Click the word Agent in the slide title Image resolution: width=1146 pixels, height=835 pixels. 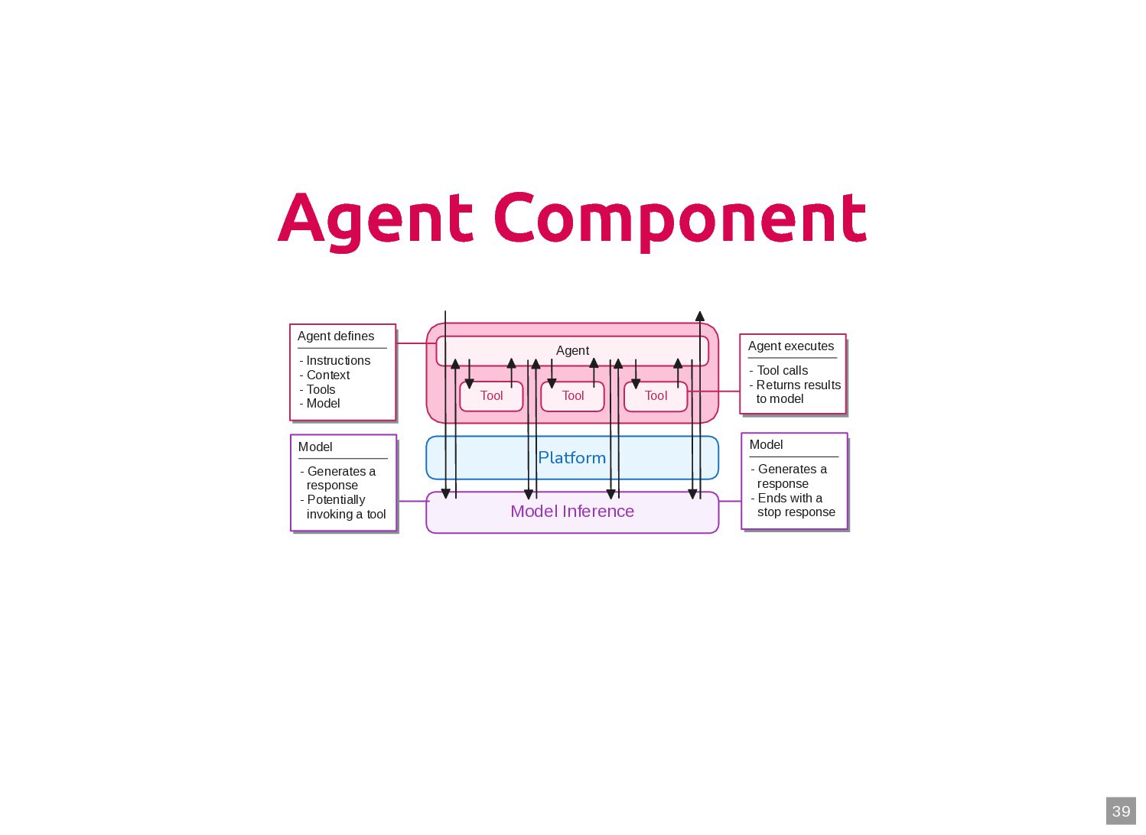pyautogui.click(x=375, y=219)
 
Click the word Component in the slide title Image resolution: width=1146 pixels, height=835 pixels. pyautogui.click(x=680, y=219)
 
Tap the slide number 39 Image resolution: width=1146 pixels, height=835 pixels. pyautogui.click(x=1121, y=811)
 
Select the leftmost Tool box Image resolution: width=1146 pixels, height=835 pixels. pyautogui.click(x=491, y=396)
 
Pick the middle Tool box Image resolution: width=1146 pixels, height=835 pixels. pyautogui.click(x=572, y=396)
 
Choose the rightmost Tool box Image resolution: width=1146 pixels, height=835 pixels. pyautogui.click(x=656, y=396)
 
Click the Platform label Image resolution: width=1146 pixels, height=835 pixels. pyautogui.click(x=571, y=457)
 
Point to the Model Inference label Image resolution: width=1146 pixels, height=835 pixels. pyautogui.click(x=571, y=512)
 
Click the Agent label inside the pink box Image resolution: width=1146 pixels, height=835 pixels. pyautogui.click(x=572, y=350)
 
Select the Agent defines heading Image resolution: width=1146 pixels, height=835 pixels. pyautogui.click(x=336, y=336)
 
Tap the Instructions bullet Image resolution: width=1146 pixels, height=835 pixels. pyautogui.click(x=338, y=360)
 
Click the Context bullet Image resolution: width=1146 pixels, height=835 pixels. pyautogui.click(x=327, y=375)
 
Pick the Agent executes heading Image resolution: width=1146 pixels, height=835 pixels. pyautogui.click(x=791, y=346)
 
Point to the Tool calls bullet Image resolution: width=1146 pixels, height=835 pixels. pyautogui.click(x=782, y=370)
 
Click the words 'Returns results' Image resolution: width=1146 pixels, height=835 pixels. pyautogui.click(x=798, y=385)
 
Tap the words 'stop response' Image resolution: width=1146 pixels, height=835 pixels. pyautogui.click(x=796, y=512)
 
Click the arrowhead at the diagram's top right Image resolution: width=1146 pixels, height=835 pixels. pyautogui.click(x=699, y=316)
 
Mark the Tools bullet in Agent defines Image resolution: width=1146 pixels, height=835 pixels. pyautogui.click(x=321, y=389)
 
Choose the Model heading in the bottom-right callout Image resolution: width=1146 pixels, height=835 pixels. pyautogui.click(x=766, y=445)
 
